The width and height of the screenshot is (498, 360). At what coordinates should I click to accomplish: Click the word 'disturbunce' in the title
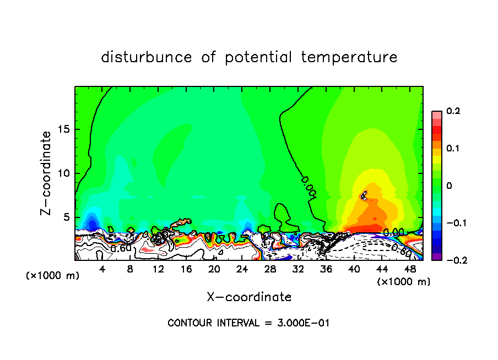point(147,57)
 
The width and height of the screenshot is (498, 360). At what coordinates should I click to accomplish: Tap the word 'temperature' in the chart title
point(349,57)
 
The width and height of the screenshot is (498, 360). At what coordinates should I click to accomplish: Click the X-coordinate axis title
point(249,297)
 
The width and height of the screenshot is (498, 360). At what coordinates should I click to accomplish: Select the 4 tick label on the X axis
point(102,269)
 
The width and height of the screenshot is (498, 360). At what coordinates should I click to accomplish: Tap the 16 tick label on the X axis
point(186,269)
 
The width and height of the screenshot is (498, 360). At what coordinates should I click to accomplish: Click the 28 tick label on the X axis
point(269,269)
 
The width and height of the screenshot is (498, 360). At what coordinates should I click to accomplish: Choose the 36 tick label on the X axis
point(325,269)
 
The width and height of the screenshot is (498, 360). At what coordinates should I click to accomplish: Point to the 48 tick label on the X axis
point(409,269)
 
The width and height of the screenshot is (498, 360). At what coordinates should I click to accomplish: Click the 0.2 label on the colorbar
point(453,111)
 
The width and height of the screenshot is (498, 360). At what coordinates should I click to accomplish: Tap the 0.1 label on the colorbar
point(453,149)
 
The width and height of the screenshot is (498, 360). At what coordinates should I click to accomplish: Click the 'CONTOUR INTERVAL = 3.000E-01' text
point(248,323)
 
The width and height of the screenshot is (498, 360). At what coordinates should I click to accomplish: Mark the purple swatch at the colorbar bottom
point(436,257)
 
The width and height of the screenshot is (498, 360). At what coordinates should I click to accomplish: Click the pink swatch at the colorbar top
point(436,114)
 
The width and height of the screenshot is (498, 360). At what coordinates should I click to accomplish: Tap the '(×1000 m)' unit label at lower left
point(53,276)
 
